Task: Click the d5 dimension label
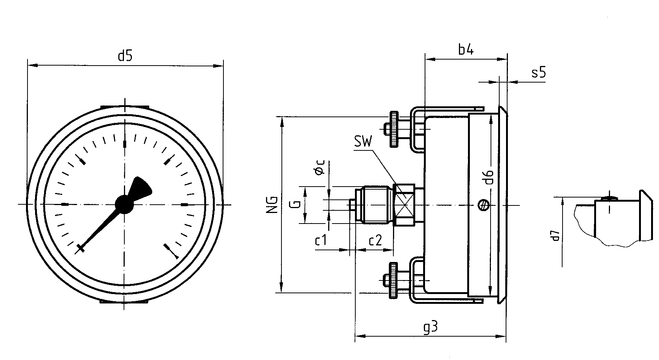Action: coord(125,55)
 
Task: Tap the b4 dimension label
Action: coord(466,50)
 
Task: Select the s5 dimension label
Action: coord(538,72)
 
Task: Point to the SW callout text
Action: coord(363,142)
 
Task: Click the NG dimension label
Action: coord(273,204)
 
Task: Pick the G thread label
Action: coord(296,204)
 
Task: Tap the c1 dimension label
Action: coord(320,240)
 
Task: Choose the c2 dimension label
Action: coord(375,240)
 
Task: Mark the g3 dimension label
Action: coord(430,327)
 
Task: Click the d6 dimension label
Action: coord(489,177)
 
